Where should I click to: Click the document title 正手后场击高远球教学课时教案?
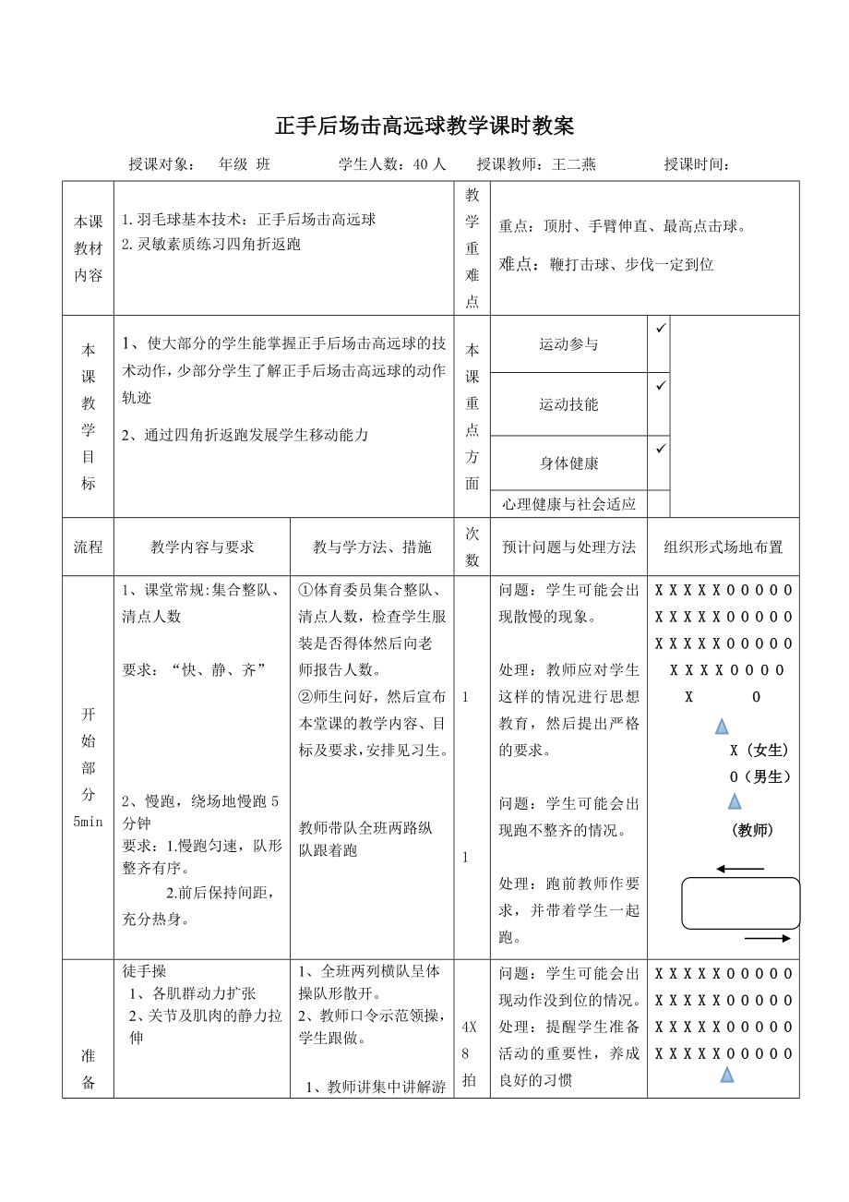click(x=424, y=126)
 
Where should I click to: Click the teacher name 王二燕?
click(x=574, y=164)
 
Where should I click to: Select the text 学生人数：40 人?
click(x=392, y=164)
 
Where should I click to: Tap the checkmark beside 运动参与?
click(x=659, y=328)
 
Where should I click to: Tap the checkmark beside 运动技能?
click(x=659, y=385)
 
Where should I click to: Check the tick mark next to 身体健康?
click(x=659, y=449)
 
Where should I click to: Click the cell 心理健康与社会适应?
click(x=568, y=504)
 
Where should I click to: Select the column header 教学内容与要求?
click(x=202, y=547)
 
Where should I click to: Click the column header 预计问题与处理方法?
click(x=568, y=547)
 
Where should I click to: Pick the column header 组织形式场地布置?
click(x=723, y=547)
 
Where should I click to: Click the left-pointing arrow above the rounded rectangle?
click(x=740, y=869)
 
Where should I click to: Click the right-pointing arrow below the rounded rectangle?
click(x=767, y=938)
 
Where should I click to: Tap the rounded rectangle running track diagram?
click(x=740, y=903)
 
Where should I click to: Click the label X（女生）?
click(x=759, y=750)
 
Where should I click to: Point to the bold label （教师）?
click(x=751, y=830)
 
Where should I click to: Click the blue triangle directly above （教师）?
click(x=735, y=800)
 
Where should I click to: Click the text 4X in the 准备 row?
click(x=469, y=1026)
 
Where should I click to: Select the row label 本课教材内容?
click(x=89, y=247)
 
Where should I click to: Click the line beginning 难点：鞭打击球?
click(x=606, y=264)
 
